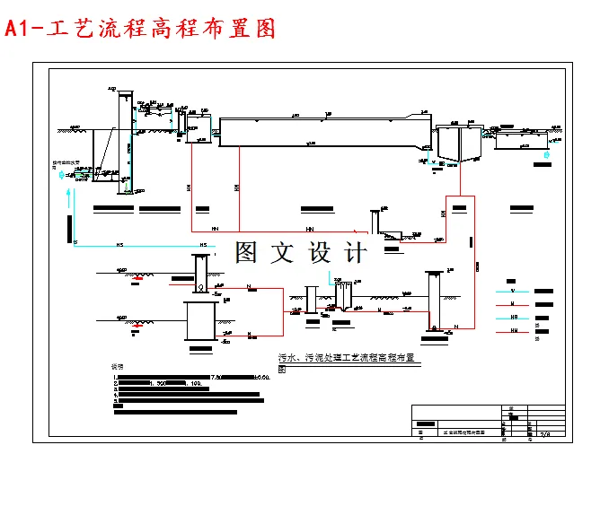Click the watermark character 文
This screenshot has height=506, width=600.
tap(283, 253)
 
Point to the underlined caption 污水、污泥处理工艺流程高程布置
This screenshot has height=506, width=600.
tap(350, 358)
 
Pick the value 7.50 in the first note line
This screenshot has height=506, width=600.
tap(216, 377)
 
